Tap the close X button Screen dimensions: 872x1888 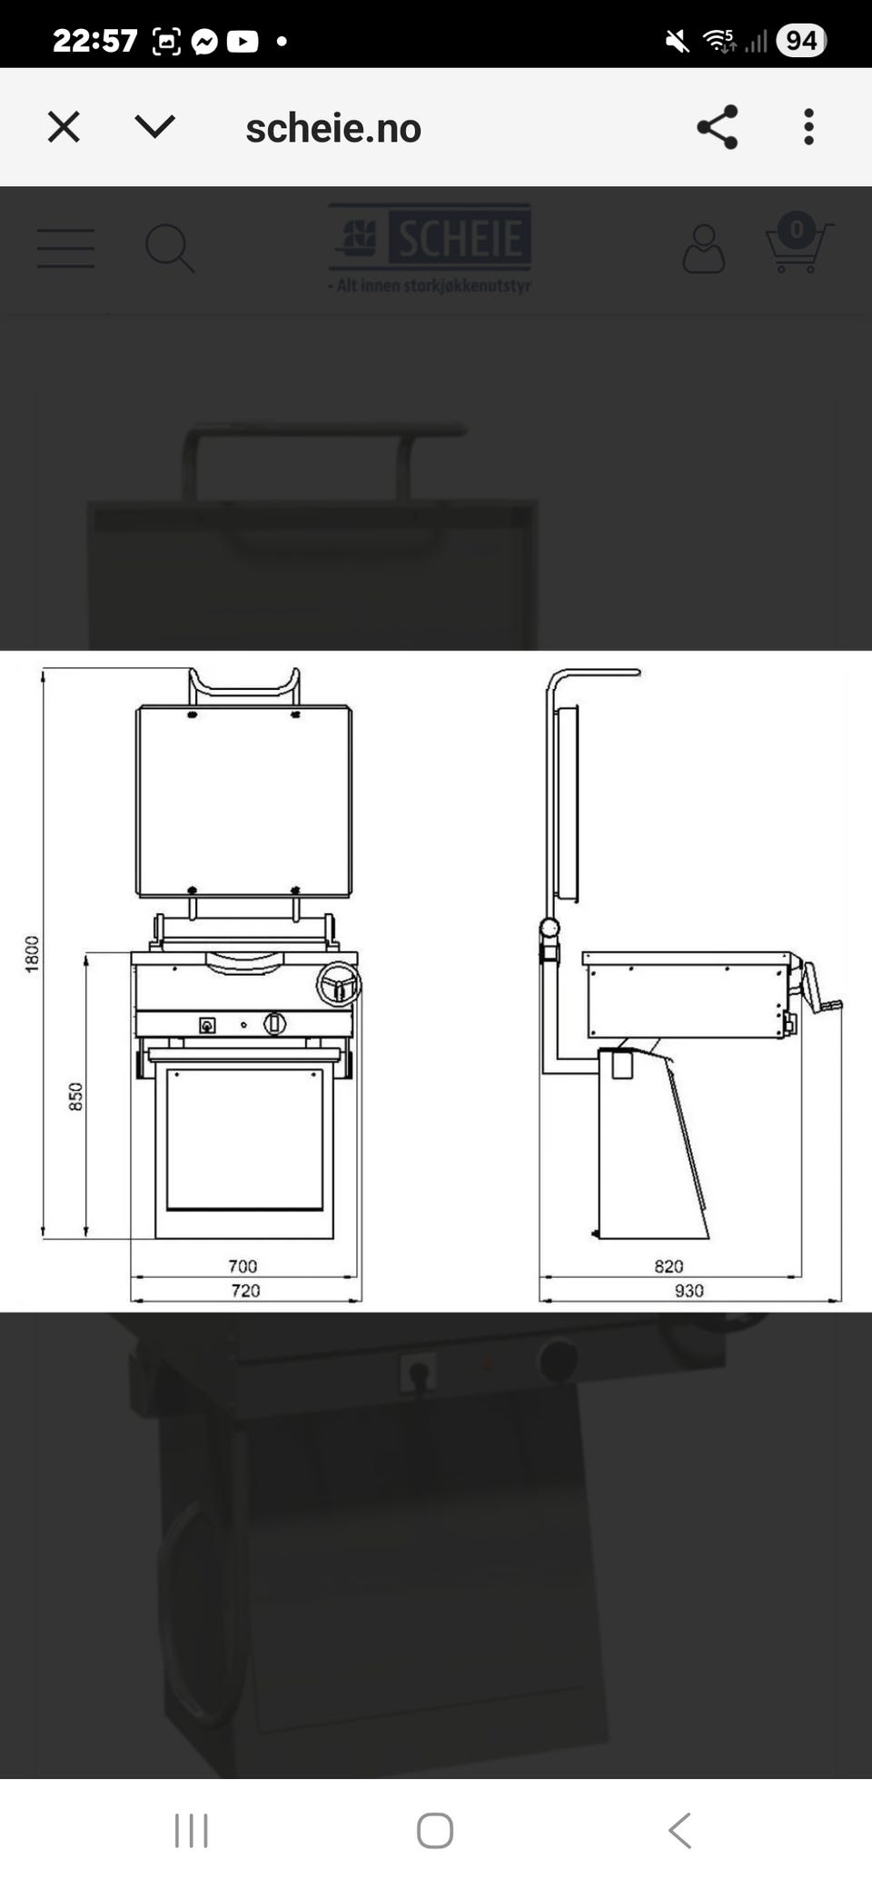[x=64, y=127]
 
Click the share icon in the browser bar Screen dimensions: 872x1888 [x=717, y=127]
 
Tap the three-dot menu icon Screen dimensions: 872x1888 [x=808, y=127]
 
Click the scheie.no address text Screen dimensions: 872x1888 [x=333, y=129]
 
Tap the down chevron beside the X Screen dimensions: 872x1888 [x=154, y=126]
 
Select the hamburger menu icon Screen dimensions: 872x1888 [x=65, y=248]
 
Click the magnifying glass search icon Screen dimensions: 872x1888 [x=170, y=249]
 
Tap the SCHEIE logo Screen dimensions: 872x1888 [x=430, y=248]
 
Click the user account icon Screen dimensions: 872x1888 [x=703, y=249]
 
